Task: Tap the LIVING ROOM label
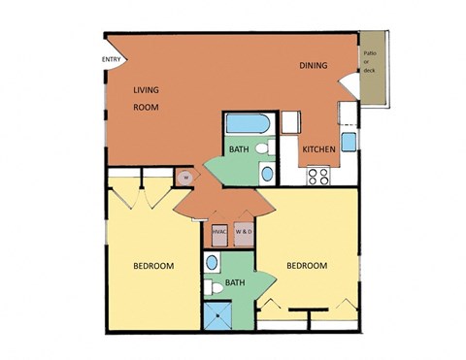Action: point(146,98)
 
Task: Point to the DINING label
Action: point(313,66)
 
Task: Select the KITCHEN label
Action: point(318,148)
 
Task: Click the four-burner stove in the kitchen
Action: point(318,176)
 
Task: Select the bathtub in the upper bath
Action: point(248,124)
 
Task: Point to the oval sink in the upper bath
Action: point(267,174)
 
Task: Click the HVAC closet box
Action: point(219,232)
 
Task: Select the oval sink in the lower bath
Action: point(211,263)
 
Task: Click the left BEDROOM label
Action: point(153,266)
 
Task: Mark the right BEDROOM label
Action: point(306,266)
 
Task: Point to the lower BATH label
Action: point(235,283)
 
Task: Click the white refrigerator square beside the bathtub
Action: point(288,122)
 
